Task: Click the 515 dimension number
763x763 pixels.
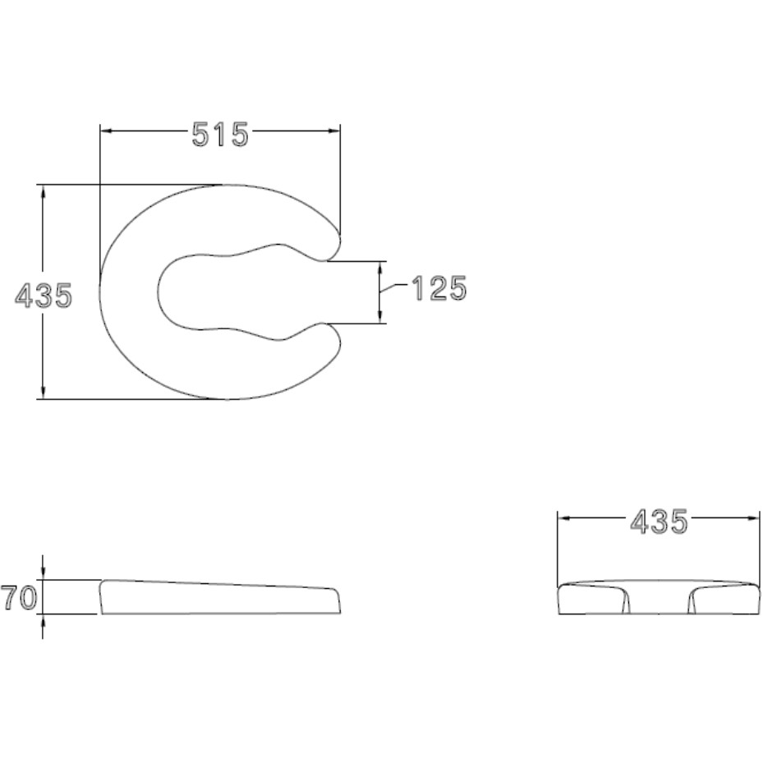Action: (x=220, y=135)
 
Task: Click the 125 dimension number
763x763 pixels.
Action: (x=439, y=288)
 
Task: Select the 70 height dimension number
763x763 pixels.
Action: (x=19, y=598)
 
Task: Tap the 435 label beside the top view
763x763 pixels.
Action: (x=44, y=296)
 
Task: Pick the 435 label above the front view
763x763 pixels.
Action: (x=659, y=522)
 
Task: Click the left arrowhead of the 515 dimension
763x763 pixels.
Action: (x=107, y=131)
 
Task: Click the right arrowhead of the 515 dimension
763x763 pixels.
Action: (x=333, y=131)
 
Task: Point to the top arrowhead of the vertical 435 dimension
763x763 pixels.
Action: (x=44, y=191)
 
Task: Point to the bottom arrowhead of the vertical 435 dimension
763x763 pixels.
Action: (x=44, y=393)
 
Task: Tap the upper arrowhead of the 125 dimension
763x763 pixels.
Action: (x=380, y=268)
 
